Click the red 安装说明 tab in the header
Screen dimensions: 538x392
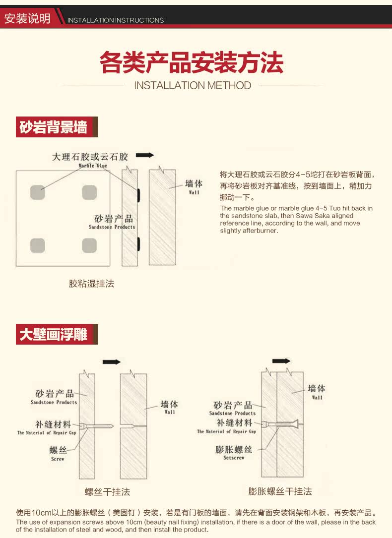[x=27, y=19]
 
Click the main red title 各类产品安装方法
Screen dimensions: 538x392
[x=192, y=63]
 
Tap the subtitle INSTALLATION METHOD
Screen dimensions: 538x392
[x=193, y=85]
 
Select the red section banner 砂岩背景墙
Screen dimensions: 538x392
[x=54, y=127]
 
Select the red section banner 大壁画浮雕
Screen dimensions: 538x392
[x=54, y=335]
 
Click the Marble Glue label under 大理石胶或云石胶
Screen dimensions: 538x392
[x=93, y=166]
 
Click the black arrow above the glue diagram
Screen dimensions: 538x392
[x=145, y=155]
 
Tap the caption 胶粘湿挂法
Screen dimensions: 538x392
[x=91, y=284]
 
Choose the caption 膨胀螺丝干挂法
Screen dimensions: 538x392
[x=280, y=491]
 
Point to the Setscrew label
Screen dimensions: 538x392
[x=234, y=458]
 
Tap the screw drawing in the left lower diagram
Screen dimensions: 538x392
[x=99, y=426]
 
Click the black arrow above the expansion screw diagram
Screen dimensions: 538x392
[x=281, y=361]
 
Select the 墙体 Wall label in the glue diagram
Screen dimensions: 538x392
[x=194, y=187]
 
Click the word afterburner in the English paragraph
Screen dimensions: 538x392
[x=261, y=231]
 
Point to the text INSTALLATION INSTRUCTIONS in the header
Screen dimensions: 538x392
[x=115, y=20]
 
